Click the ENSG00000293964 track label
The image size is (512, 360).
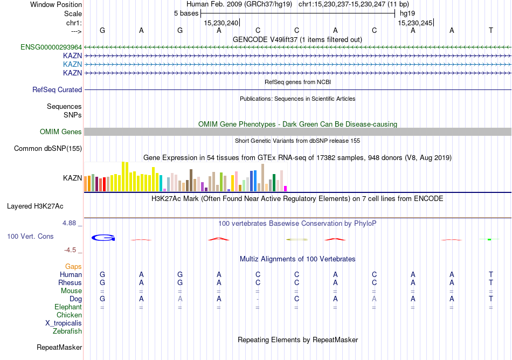51,47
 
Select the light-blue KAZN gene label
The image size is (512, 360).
72,64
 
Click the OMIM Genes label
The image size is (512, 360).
61,132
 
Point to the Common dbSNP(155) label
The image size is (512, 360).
48,149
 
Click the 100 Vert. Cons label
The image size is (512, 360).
30,237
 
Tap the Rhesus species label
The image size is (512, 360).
70,283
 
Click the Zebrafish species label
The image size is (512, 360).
67,331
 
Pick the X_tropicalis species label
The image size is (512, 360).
64,323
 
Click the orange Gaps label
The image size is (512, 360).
73,267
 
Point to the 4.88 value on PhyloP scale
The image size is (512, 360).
72,223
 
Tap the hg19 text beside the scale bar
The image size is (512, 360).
407,13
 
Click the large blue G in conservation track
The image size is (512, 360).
103,238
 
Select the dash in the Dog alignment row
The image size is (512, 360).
258,299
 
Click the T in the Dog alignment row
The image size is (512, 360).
491,299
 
